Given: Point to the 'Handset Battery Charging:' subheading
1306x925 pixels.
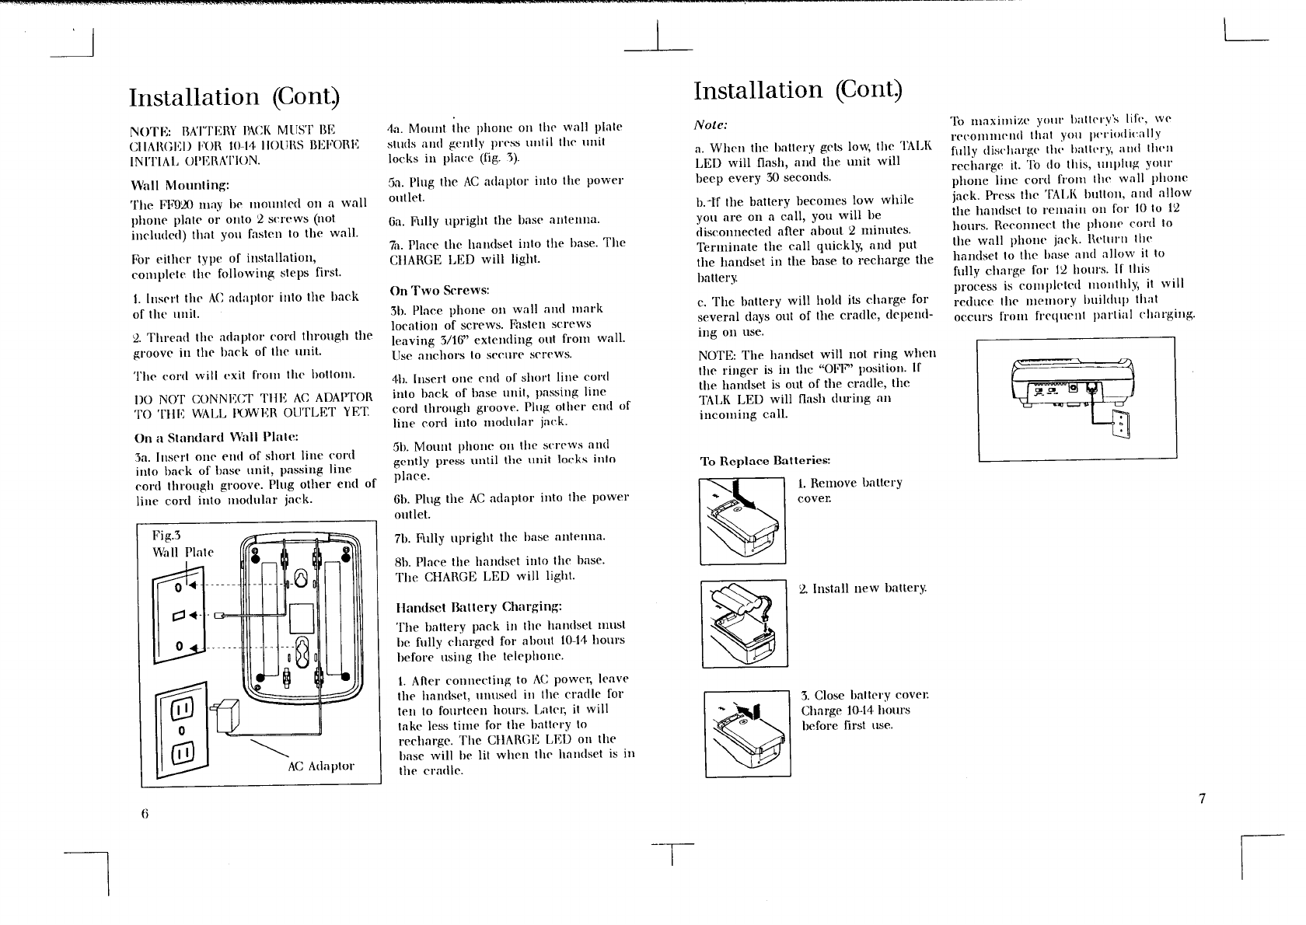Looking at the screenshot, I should coord(479,606).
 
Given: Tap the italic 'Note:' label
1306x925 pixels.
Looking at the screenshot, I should coord(710,124).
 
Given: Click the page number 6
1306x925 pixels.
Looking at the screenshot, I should coord(145,814).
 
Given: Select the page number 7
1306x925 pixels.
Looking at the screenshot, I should coord(1201,798).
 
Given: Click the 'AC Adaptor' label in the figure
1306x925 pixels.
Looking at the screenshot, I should coord(320,766).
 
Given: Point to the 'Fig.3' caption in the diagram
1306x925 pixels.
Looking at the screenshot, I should coord(166,536).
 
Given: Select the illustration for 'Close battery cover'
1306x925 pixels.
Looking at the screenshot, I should coord(747,732).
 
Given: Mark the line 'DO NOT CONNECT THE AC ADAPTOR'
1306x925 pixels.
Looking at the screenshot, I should coord(253,399).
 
